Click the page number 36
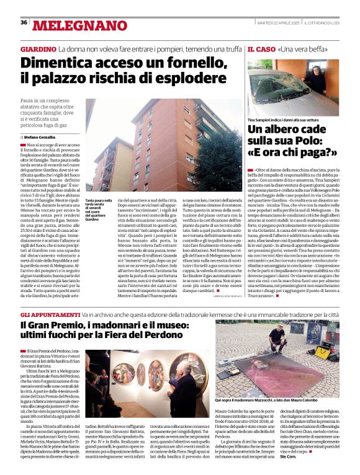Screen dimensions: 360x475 (x=24, y=22)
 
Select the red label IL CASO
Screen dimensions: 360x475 (x=261, y=48)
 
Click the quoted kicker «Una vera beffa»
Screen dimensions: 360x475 (x=304, y=48)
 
